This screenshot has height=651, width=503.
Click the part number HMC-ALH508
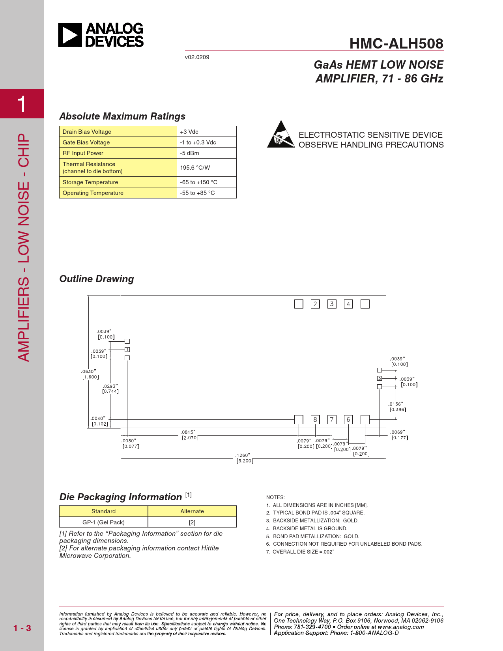pos(396,43)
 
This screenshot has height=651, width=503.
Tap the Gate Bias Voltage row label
pos(86,142)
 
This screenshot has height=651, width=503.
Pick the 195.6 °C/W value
pos(195,168)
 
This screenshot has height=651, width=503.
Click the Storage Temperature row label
pos(90,182)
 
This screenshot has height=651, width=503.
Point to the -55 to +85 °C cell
pos(198,193)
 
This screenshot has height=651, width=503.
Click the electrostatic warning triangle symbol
pos(280,135)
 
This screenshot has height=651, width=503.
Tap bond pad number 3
pos(332,304)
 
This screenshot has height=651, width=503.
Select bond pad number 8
pos(315,419)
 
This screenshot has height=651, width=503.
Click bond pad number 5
pos(380,378)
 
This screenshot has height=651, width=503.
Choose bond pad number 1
pos(127,350)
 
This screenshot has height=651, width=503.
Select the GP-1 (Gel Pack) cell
pos(103,522)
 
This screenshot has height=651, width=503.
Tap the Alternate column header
pos(192,511)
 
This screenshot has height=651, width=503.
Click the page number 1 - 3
pos(22,628)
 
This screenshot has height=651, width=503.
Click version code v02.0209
pos(197,57)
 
